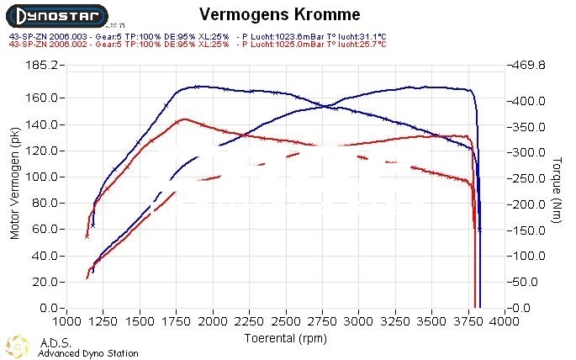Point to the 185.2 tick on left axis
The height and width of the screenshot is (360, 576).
[x=40, y=65]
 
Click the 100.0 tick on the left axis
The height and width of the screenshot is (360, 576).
[x=40, y=177]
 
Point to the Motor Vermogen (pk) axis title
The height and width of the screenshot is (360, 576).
[x=14, y=187]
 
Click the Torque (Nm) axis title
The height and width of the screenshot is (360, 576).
[x=556, y=187]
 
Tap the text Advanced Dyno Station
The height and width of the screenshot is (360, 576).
[x=88, y=353]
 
